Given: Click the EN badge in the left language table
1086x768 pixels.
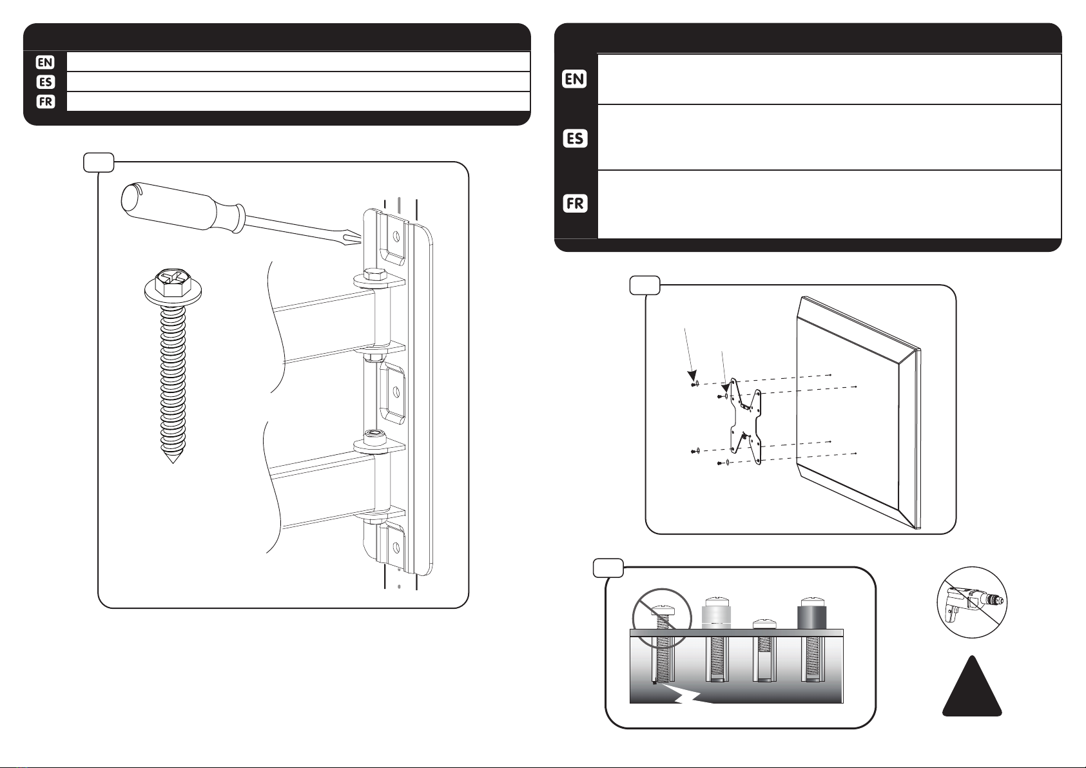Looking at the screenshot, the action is pyautogui.click(x=45, y=62).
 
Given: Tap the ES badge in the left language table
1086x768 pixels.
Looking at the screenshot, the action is pyautogui.click(x=45, y=82).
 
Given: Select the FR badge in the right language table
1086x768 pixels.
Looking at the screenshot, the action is pyautogui.click(x=575, y=204).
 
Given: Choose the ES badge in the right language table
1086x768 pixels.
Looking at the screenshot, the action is pyautogui.click(x=575, y=139).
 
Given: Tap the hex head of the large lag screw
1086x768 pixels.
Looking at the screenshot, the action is pyautogui.click(x=172, y=285).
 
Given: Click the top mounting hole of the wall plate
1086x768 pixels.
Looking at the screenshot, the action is pyautogui.click(x=396, y=236).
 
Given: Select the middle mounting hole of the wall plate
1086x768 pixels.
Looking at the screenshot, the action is pyautogui.click(x=396, y=392).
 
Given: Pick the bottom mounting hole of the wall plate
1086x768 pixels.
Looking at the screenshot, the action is pyautogui.click(x=396, y=548).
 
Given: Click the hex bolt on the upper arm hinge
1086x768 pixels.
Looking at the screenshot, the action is pyautogui.click(x=374, y=274).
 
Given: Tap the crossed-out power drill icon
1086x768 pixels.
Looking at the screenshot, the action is pyautogui.click(x=971, y=602).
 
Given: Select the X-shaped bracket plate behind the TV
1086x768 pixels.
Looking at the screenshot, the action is pyautogui.click(x=746, y=421).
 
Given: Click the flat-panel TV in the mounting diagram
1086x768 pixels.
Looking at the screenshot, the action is pyautogui.click(x=858, y=412).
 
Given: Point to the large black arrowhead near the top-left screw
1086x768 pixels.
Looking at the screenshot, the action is pyautogui.click(x=692, y=376).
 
